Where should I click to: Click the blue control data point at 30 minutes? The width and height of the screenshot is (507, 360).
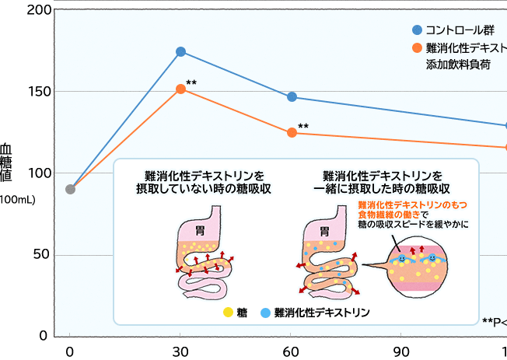coord(180,51)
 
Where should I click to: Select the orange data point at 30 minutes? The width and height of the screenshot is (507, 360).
coord(180,89)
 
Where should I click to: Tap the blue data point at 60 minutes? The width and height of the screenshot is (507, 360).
coord(292,97)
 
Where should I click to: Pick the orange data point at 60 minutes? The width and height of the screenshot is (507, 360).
coord(292,133)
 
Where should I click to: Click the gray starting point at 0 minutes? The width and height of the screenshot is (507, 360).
coord(70,189)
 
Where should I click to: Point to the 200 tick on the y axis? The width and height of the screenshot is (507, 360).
coord(40,10)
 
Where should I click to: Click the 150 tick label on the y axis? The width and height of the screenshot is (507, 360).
coord(40,92)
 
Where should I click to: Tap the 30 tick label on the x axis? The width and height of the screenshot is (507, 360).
coord(180,350)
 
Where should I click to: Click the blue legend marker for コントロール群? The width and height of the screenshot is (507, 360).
coord(417,30)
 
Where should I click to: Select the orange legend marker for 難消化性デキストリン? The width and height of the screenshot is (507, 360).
coord(417,48)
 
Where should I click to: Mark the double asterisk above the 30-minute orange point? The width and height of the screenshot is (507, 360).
coord(191,82)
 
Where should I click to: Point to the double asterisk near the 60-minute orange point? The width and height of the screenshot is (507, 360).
coord(303,127)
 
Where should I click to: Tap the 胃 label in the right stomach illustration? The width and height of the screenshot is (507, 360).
coord(324,229)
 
